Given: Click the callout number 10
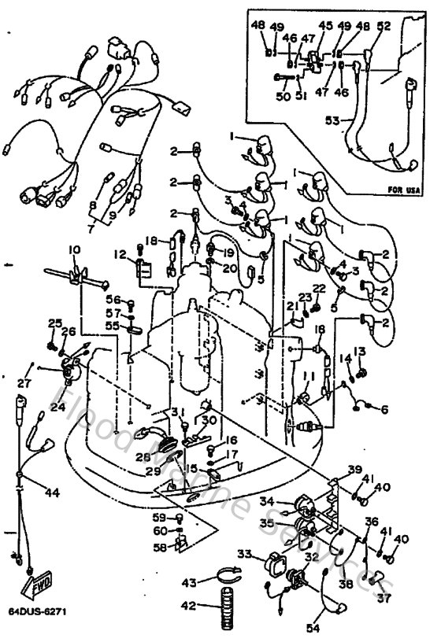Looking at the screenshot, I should point(73,249).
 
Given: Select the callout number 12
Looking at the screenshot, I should point(120,254).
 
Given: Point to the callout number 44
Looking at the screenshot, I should point(52,493).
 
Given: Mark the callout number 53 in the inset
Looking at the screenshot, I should point(332,120).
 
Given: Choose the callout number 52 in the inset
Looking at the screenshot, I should point(384,25).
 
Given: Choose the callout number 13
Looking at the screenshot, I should point(360,351).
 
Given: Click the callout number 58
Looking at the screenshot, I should point(160,546).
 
